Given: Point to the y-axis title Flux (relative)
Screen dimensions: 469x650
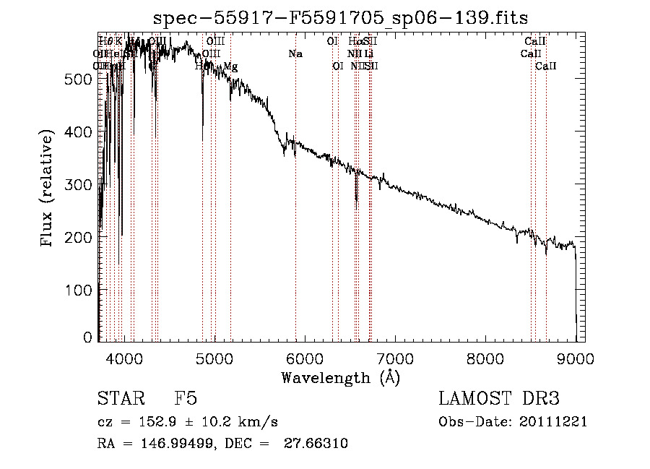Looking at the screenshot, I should click(x=48, y=189).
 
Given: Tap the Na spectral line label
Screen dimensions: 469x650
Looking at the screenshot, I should click(x=295, y=53).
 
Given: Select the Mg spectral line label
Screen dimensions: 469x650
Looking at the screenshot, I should click(x=230, y=66).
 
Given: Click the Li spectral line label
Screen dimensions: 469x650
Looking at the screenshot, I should click(x=368, y=53).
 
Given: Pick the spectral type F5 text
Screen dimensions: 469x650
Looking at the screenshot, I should click(x=186, y=399).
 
